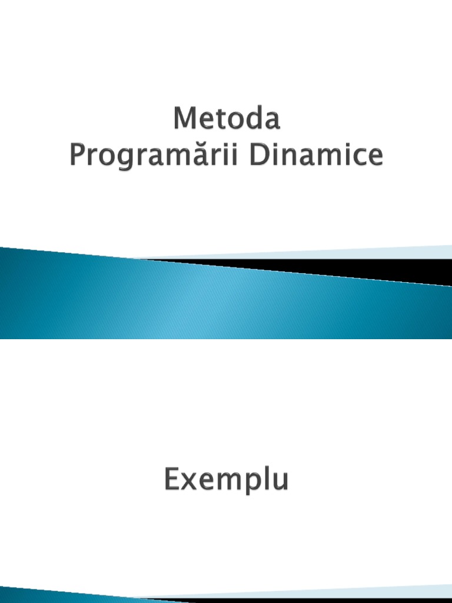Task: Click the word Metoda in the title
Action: point(227,120)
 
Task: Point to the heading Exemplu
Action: point(226,480)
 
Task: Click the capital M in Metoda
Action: point(184,120)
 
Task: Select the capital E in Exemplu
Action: point(171,480)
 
